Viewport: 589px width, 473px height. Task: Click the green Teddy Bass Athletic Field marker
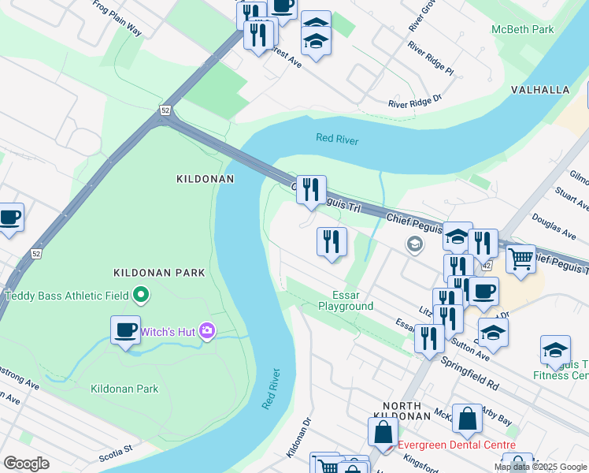[x=141, y=296]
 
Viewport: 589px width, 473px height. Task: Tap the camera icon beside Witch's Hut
[x=207, y=331]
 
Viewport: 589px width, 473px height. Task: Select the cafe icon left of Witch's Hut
[x=125, y=330]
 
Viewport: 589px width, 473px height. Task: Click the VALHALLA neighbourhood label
[x=540, y=90]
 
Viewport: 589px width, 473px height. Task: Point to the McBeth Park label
[x=523, y=30]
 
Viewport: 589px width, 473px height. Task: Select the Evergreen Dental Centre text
[x=457, y=445]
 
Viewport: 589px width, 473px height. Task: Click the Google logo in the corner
[x=26, y=464]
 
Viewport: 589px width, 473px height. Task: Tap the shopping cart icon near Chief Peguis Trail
[x=520, y=259]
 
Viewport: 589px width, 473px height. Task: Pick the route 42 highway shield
[x=487, y=266]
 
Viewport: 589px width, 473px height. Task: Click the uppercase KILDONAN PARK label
[x=159, y=273]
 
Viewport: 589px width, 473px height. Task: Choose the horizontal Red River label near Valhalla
[x=337, y=140]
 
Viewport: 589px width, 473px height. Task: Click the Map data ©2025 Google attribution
[x=541, y=467]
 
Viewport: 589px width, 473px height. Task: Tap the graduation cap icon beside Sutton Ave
[x=493, y=333]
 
